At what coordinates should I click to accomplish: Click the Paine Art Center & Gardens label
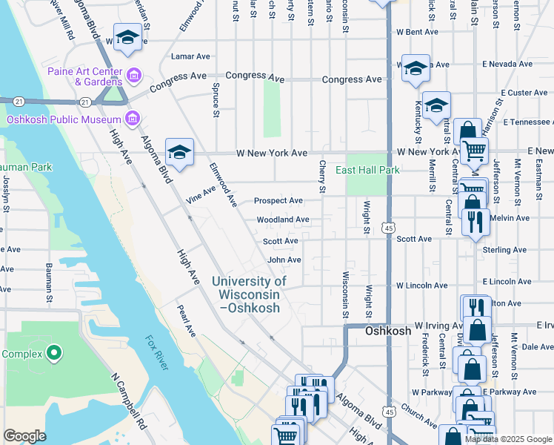pos(84,76)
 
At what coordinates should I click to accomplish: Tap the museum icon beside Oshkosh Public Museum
pos(133,119)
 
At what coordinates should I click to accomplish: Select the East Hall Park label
pos(367,170)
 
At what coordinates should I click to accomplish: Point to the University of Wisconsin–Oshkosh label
pos(249,294)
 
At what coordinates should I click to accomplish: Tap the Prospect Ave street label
pos(278,201)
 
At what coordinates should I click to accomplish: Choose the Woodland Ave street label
pos(283,220)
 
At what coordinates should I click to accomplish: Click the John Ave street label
pos(284,260)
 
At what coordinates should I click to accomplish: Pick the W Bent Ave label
pos(417,33)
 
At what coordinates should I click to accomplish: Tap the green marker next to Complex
pos(53,353)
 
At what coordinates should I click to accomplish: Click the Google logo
pos(24,436)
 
